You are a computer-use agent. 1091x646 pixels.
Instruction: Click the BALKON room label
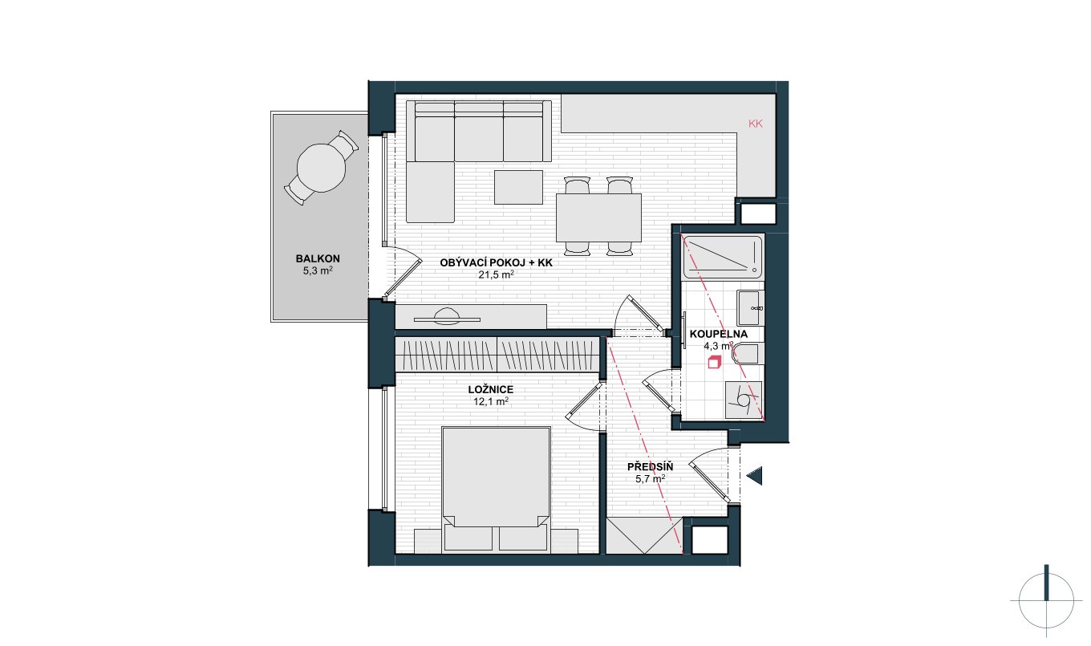coord(318,258)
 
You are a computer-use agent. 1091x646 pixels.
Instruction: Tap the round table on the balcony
coord(321,168)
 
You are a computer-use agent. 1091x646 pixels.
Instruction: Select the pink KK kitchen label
coord(756,124)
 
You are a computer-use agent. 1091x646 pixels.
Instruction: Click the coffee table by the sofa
coord(518,187)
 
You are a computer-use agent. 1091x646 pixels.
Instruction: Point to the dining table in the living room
coord(598,217)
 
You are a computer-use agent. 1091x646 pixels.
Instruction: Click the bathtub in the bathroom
coord(723,258)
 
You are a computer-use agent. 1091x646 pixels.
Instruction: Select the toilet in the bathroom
coord(747,354)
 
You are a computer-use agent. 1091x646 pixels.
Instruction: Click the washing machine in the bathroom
coord(744,400)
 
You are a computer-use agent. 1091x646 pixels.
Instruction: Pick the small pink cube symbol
coord(714,362)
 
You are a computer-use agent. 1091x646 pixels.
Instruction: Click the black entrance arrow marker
coord(754,476)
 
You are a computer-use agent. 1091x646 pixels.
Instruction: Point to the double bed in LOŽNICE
coord(496,490)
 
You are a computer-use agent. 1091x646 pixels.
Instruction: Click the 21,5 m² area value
coord(496,274)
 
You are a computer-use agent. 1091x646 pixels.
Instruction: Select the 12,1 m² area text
coord(491,401)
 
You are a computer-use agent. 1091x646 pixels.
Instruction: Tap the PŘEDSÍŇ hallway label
coord(651,467)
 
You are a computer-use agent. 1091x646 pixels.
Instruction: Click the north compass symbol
coord(1046,600)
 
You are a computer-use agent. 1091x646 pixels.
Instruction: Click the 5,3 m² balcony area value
coord(318,271)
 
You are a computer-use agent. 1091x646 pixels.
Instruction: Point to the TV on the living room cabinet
coord(447,318)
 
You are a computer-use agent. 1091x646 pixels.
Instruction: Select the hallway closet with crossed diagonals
coord(644,535)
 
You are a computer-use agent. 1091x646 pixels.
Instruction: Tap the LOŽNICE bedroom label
coord(491,390)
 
